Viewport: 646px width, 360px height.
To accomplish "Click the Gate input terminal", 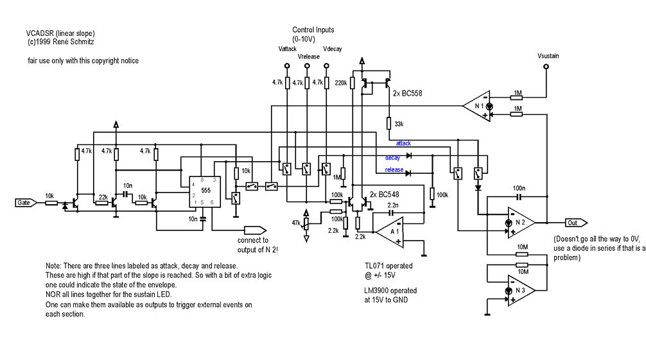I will click(x=24, y=203).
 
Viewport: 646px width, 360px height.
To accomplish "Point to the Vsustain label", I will click(x=548, y=56).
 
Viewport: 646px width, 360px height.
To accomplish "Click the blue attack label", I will click(x=403, y=144).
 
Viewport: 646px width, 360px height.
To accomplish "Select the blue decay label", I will click(x=392, y=157).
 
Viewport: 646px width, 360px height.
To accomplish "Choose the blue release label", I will click(x=394, y=170).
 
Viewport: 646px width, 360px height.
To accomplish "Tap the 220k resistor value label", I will click(x=341, y=83).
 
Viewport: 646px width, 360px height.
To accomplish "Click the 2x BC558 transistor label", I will click(x=413, y=93).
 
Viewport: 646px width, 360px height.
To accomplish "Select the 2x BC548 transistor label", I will click(x=389, y=194).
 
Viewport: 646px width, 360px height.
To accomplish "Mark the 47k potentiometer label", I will click(x=295, y=222).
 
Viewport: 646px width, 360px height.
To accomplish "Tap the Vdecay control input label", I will click(x=333, y=49).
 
